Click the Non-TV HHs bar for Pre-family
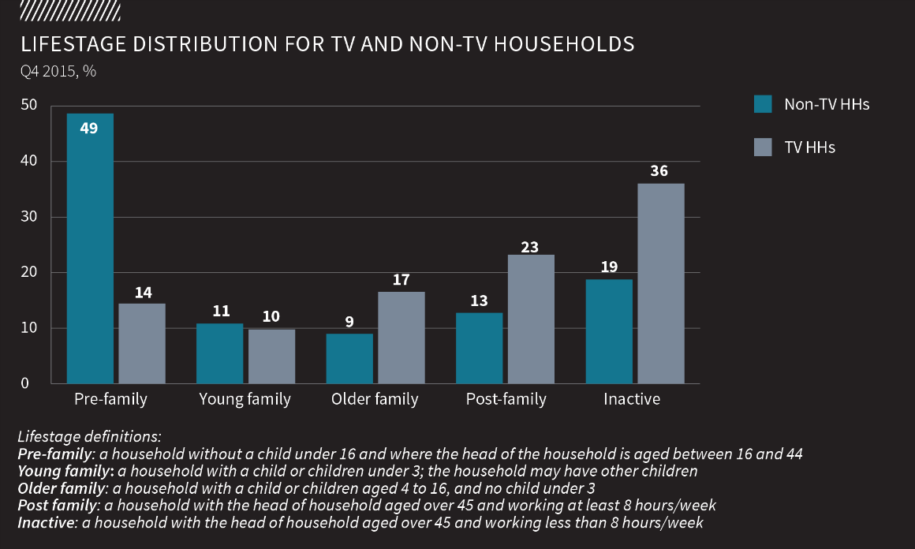click(x=90, y=248)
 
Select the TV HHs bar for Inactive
click(x=661, y=284)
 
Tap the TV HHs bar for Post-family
click(x=531, y=319)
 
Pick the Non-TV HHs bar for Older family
click(x=349, y=359)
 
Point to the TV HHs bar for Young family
click(x=271, y=357)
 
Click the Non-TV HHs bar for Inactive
click(x=609, y=331)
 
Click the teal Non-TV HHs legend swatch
click(x=763, y=104)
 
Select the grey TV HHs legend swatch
click(x=763, y=147)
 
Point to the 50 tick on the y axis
click(x=28, y=106)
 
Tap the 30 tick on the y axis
click(x=28, y=217)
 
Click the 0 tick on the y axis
click(x=24, y=384)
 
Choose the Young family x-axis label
click(x=245, y=400)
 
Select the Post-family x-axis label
click(x=506, y=400)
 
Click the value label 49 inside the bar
click(x=89, y=128)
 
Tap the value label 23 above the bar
click(x=530, y=247)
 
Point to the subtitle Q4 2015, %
click(x=58, y=71)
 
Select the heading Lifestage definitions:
click(x=89, y=436)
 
